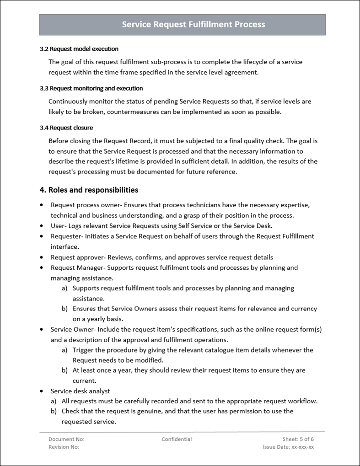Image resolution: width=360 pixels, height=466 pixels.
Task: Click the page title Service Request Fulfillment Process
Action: pos(193,25)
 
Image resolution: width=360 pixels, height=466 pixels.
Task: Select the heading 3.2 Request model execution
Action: pos(79,49)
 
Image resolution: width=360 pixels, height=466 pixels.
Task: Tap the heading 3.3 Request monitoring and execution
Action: pos(91,88)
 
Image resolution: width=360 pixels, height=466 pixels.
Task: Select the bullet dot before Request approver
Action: pos(42,257)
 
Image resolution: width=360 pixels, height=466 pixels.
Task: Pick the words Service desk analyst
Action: pos(80,391)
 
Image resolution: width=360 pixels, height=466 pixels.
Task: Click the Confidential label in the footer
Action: pos(177,439)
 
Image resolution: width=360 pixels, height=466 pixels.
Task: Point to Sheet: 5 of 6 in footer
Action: pos(298,439)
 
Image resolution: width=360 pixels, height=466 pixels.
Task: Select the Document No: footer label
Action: pos(66,439)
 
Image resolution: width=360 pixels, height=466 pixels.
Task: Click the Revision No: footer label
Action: pos(64,447)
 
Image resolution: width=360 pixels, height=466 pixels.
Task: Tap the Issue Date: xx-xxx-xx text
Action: pos(288,447)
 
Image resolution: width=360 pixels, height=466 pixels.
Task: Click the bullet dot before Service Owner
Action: pos(42,329)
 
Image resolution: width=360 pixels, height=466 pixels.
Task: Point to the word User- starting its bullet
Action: pos(59,226)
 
